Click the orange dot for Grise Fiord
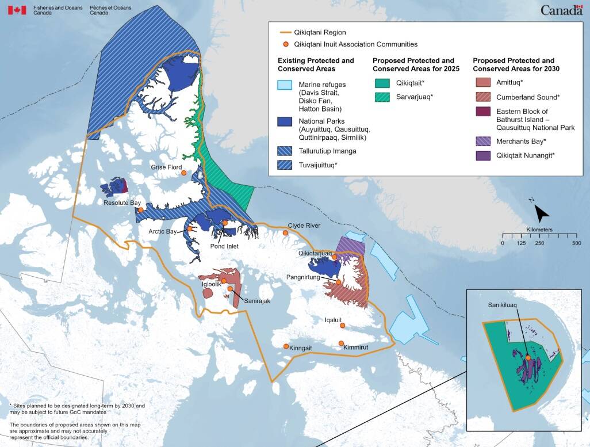point(183,173)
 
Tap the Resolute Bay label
point(122,203)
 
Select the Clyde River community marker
point(286,232)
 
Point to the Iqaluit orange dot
point(342,326)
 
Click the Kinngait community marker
point(286,346)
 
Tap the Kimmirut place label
point(355,347)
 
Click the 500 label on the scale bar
point(576,243)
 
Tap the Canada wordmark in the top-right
point(561,10)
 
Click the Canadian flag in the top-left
point(17,10)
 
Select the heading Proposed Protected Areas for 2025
point(413,64)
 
